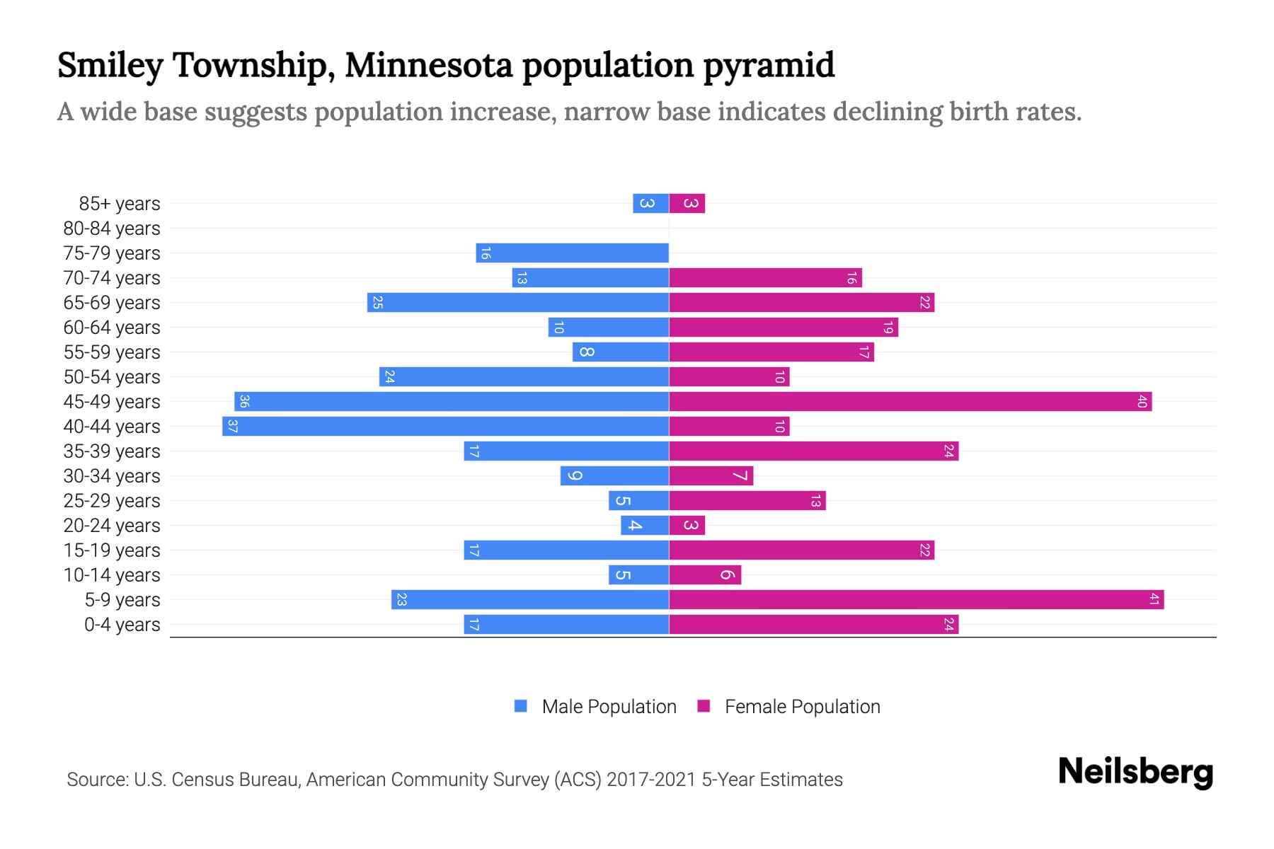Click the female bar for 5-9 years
coord(916,600)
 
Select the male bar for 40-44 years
coord(445,427)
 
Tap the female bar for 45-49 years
coord(910,402)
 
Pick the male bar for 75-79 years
coord(572,253)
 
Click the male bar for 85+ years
coord(650,204)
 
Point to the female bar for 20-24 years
coord(687,526)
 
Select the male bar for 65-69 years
coord(517,303)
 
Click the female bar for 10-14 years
coord(705,575)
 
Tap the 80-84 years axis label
coord(112,229)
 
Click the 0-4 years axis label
coord(122,625)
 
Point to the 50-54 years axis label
coord(112,377)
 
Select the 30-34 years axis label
coord(112,476)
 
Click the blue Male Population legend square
coord(521,706)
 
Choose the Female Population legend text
coord(802,707)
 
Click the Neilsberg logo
coord(1135,772)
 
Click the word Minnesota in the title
coord(428,65)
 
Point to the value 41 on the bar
coord(1154,600)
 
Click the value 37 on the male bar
coord(232,427)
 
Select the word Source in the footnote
coord(96,780)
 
